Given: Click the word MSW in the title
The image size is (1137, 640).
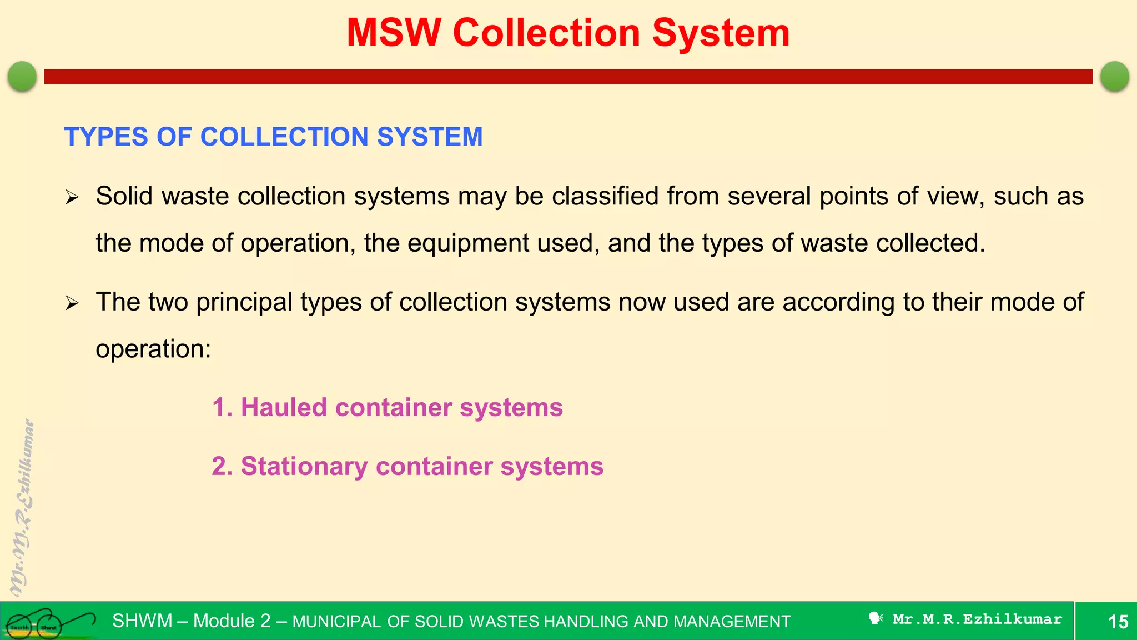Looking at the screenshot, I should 393,33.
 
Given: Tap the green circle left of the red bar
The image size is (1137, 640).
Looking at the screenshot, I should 22,76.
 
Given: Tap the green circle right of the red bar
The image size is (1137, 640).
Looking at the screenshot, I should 1114,76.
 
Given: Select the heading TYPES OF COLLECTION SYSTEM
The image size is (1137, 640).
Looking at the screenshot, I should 273,137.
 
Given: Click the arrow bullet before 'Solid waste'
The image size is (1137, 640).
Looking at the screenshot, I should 72,197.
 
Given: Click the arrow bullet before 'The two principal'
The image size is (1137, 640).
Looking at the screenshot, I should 72,303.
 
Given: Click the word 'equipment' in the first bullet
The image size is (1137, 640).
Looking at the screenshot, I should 468,243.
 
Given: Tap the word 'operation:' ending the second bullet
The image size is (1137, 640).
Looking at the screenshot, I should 153,349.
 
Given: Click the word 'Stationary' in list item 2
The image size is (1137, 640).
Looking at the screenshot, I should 304,466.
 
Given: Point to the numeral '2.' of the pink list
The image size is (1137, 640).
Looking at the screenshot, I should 222,466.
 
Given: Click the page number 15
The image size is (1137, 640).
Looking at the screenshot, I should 1118,621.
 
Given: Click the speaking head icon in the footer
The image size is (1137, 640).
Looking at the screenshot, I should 876,618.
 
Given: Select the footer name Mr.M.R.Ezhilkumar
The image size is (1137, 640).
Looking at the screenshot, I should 977,619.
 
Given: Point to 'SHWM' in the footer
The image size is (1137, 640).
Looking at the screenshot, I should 142,621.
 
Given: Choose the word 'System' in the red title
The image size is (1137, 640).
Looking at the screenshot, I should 720,33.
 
